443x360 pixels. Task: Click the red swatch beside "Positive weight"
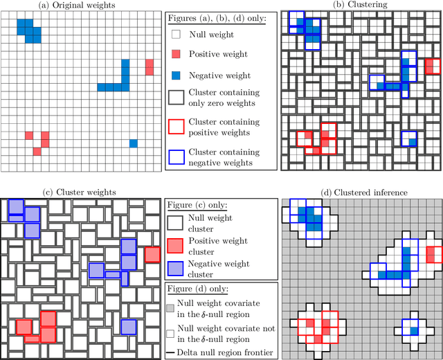point(177,54)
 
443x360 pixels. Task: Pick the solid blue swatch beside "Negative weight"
point(177,75)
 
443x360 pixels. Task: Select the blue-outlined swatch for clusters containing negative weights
point(177,157)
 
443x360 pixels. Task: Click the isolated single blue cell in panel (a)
point(133,143)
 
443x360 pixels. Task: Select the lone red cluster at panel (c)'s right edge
point(152,254)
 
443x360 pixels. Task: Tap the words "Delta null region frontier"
point(226,353)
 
